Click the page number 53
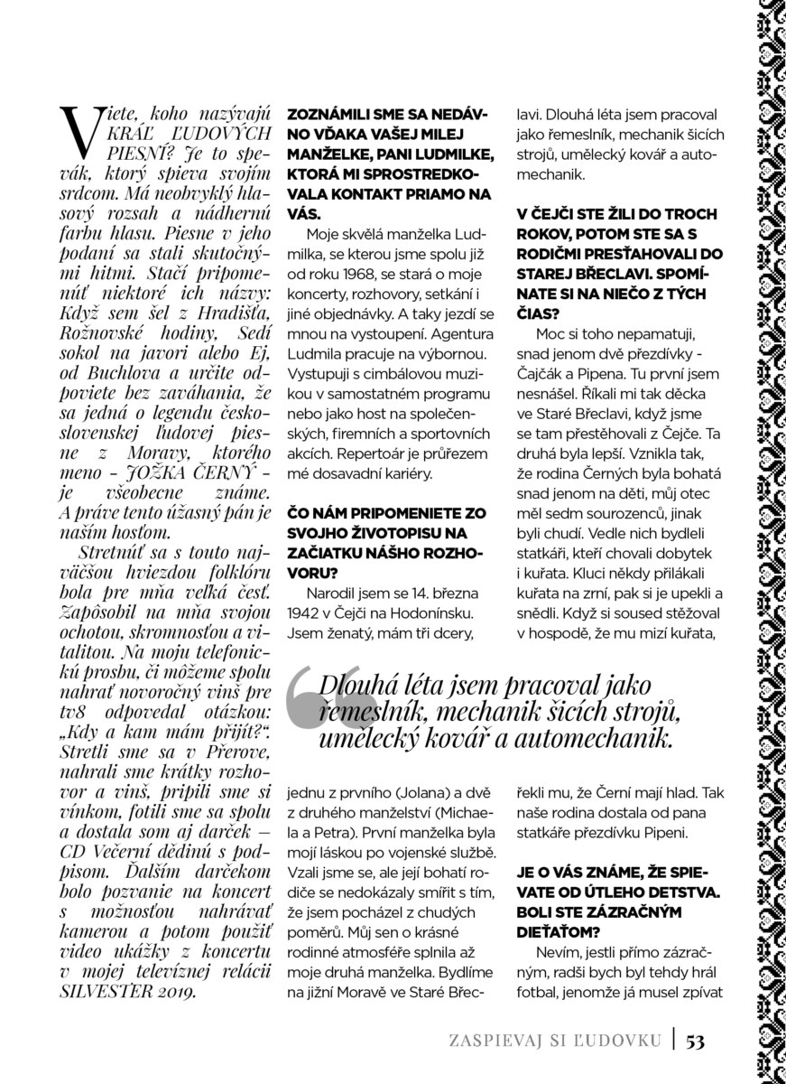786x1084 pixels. tap(695, 1042)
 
